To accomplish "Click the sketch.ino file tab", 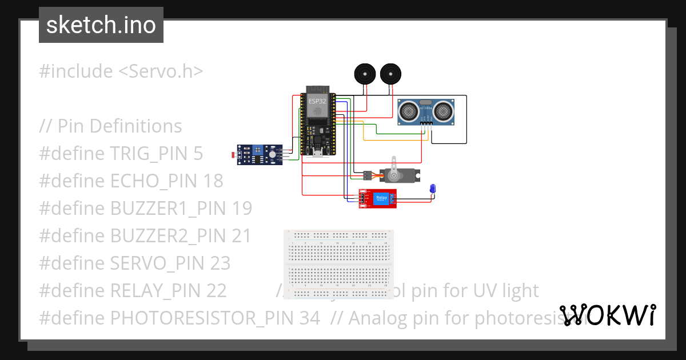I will (x=101, y=25).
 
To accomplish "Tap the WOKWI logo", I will (x=608, y=315).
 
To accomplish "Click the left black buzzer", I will (x=364, y=74).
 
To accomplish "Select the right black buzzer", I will (x=390, y=74).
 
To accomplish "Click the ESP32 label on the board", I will (x=317, y=101).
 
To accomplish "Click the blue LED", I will (x=433, y=189).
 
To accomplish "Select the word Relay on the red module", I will (x=381, y=198).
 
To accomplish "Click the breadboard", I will (x=339, y=265).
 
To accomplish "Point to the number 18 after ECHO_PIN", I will (x=213, y=181).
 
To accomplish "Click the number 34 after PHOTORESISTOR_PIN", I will (x=309, y=318).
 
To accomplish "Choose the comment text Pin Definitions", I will (x=120, y=126).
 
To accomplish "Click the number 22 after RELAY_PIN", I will (x=216, y=290).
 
